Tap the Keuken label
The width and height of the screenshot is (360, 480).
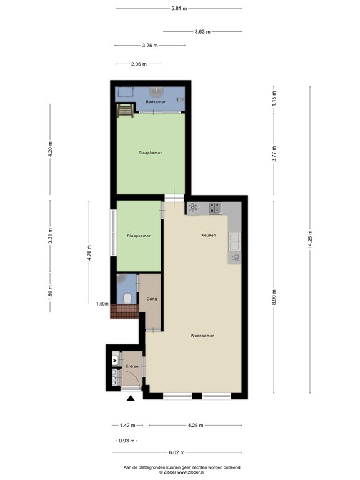(x=208, y=235)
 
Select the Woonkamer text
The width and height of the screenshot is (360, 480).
(x=202, y=336)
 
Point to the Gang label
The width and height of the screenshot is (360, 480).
(x=151, y=299)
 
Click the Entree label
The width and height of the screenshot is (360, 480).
(x=131, y=366)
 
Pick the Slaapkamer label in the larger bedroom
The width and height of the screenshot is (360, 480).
(x=151, y=152)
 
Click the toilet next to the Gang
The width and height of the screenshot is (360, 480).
(x=127, y=299)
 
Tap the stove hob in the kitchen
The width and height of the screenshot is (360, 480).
(x=215, y=207)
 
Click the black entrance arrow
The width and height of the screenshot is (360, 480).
(x=131, y=398)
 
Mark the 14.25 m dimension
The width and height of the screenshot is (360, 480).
(x=309, y=239)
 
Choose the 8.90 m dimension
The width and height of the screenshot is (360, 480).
(x=273, y=296)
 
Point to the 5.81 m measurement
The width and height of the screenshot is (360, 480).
(x=179, y=8)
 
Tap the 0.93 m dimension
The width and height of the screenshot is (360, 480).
(x=126, y=441)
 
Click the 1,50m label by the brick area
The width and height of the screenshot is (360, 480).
(x=101, y=304)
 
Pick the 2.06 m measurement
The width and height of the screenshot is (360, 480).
(x=139, y=64)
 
